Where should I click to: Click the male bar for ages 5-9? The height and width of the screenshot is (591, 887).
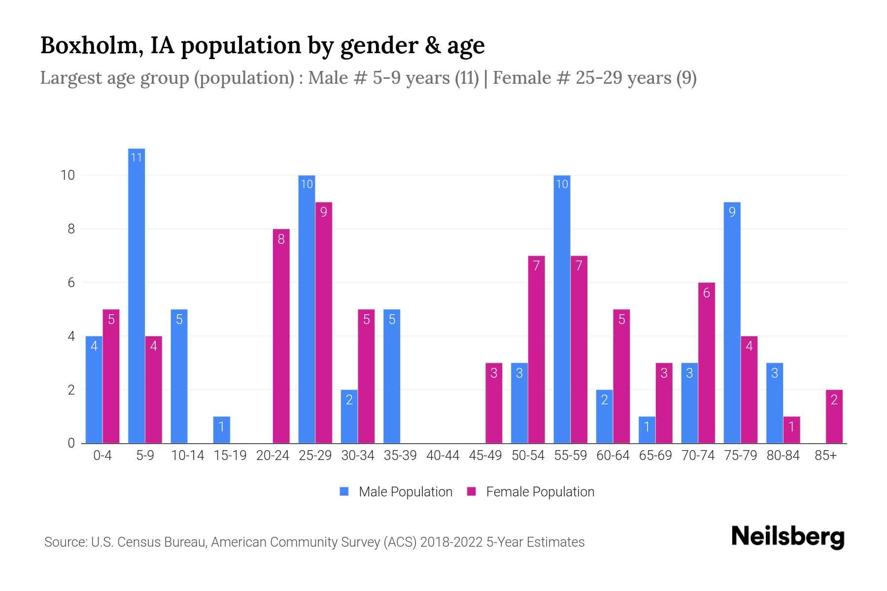(136, 295)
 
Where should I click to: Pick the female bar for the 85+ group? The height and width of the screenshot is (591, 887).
(834, 417)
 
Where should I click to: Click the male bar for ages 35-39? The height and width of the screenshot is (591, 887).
(392, 376)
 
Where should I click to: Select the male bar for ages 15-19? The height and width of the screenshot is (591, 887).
(222, 430)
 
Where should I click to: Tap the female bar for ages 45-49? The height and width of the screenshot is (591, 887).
(494, 403)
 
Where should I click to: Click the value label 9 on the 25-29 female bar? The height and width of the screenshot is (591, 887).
(323, 212)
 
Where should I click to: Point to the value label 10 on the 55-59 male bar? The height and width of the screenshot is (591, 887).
(562, 185)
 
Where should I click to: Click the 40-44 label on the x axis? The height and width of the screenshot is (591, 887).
(443, 456)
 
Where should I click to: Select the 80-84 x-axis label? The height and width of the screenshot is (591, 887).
(783, 456)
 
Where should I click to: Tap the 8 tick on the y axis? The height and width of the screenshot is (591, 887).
(71, 229)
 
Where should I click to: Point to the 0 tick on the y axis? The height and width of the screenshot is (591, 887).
(71, 443)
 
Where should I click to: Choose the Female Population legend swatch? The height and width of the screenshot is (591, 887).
(472, 492)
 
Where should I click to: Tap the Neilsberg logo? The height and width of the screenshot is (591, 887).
(787, 537)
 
